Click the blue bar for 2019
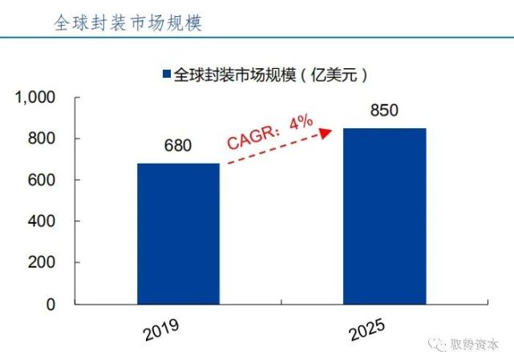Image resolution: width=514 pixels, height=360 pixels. click(178, 233)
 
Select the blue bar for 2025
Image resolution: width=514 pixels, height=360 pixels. click(385, 216)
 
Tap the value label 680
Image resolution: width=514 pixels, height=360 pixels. click(178, 148)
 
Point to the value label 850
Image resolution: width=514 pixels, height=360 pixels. click(385, 111)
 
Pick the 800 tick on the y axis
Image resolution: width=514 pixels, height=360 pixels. click(41, 139)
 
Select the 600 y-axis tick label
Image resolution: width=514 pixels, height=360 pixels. click(41, 180)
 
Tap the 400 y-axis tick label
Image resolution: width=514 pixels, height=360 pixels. click(41, 221)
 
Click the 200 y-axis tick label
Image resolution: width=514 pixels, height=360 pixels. click(41, 263)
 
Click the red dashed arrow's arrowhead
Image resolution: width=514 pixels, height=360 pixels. click(327, 131)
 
